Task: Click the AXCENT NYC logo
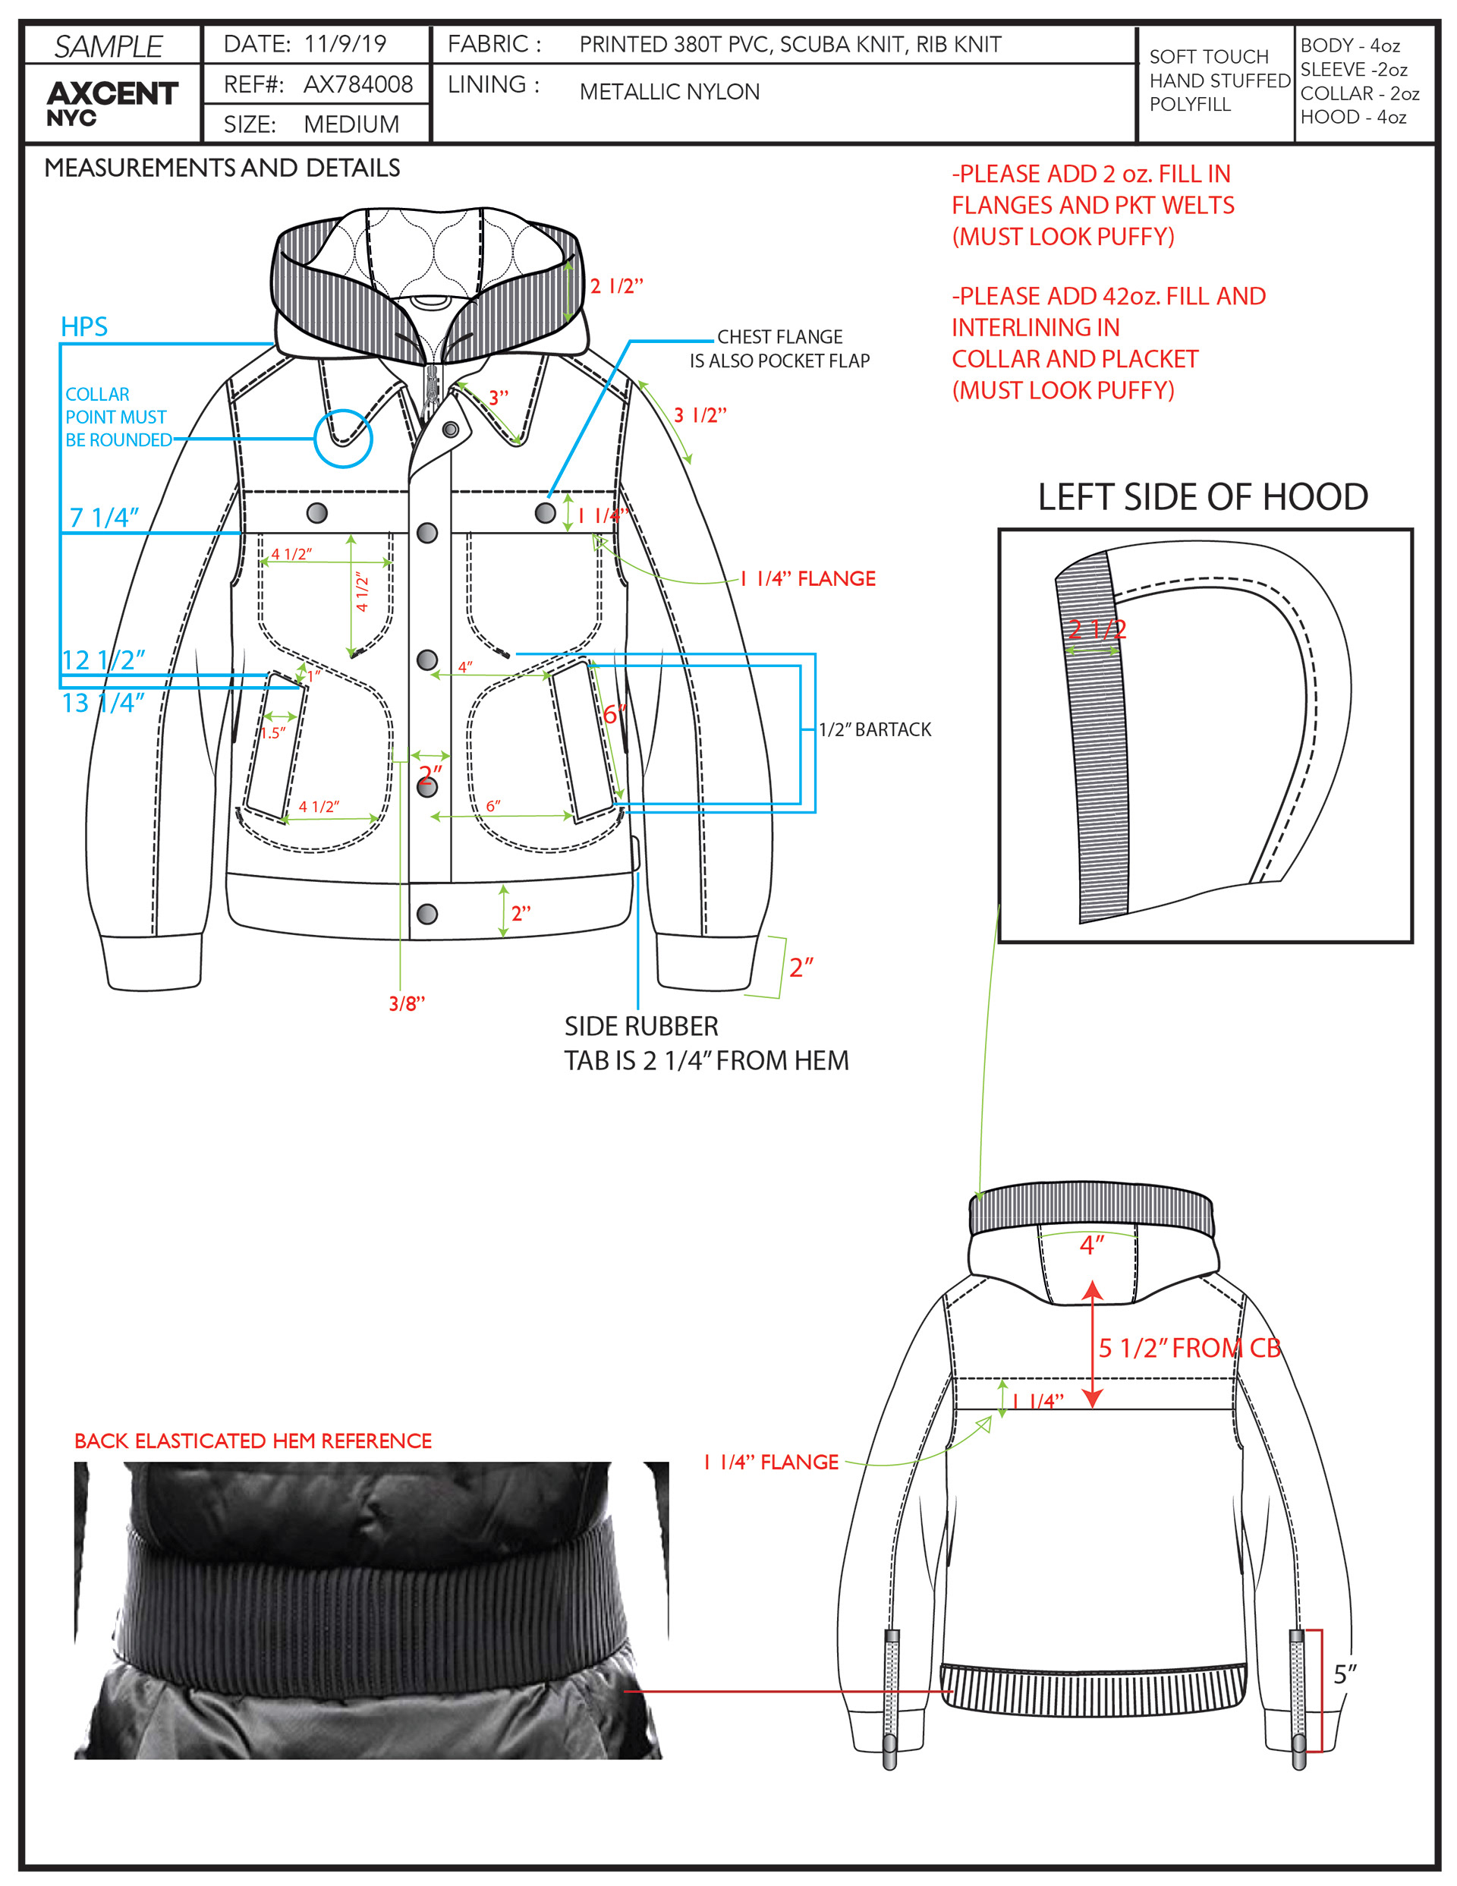click(112, 102)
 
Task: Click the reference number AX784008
click(357, 85)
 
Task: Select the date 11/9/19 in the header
click(345, 44)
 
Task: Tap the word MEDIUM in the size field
click(351, 124)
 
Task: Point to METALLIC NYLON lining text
click(669, 92)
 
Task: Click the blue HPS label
click(83, 326)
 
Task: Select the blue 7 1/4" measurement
click(104, 518)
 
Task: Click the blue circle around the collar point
click(343, 439)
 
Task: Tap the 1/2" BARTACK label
click(874, 729)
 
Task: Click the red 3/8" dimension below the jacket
click(407, 1003)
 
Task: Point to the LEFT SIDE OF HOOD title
click(1202, 497)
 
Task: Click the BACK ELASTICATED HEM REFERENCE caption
click(252, 1440)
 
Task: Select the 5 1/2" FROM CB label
click(1188, 1348)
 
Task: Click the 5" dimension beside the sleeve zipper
click(1345, 1674)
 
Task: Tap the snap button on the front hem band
click(426, 914)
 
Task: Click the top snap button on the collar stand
click(450, 429)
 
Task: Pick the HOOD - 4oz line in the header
click(1352, 118)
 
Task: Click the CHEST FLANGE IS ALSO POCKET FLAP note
click(779, 349)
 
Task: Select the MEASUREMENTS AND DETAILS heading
click(222, 168)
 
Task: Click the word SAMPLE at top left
click(109, 46)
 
